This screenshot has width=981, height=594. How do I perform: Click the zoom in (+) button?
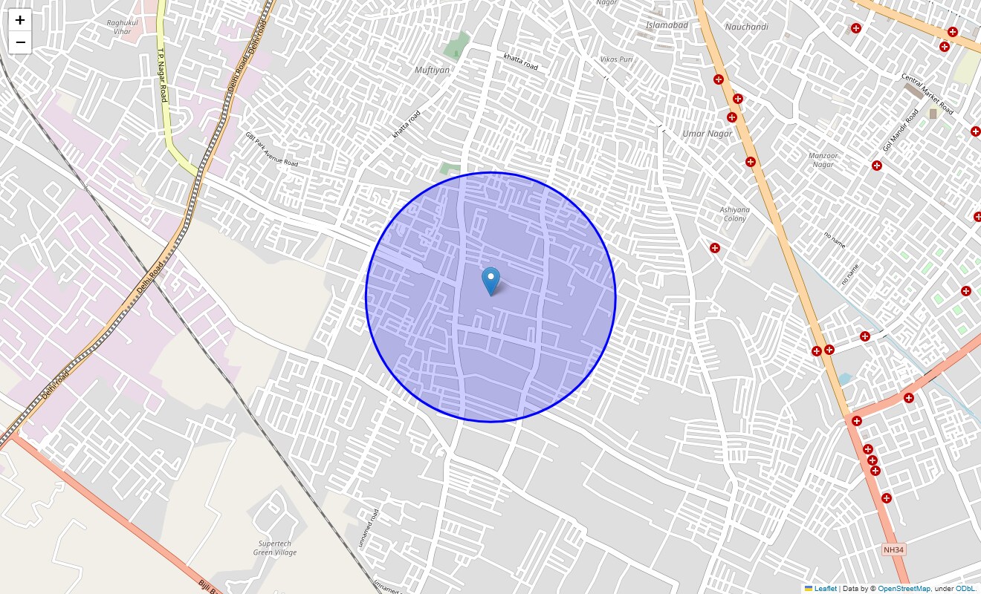coord(20,20)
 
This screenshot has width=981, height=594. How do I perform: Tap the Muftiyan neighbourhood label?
coord(432,70)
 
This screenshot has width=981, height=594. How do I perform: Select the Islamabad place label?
coord(667,25)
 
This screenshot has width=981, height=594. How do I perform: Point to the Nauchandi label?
coord(746,27)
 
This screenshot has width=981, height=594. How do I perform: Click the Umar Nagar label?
coord(707,134)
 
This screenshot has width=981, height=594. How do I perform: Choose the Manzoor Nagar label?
coord(823,160)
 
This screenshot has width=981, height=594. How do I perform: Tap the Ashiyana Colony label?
coord(734,214)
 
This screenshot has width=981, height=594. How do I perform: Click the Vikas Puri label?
coord(616,59)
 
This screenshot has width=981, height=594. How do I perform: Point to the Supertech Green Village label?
coord(275,548)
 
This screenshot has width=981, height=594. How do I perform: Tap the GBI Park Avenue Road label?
coord(271,148)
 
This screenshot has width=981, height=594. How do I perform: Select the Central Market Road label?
coord(927,93)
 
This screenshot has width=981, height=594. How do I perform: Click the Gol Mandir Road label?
coord(901,130)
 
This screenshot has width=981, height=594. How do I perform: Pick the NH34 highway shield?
coord(894,549)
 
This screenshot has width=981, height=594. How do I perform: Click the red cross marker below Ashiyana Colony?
coord(714,248)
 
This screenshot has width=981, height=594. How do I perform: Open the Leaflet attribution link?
coord(825,588)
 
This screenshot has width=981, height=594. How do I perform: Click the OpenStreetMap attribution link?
coord(904,588)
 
